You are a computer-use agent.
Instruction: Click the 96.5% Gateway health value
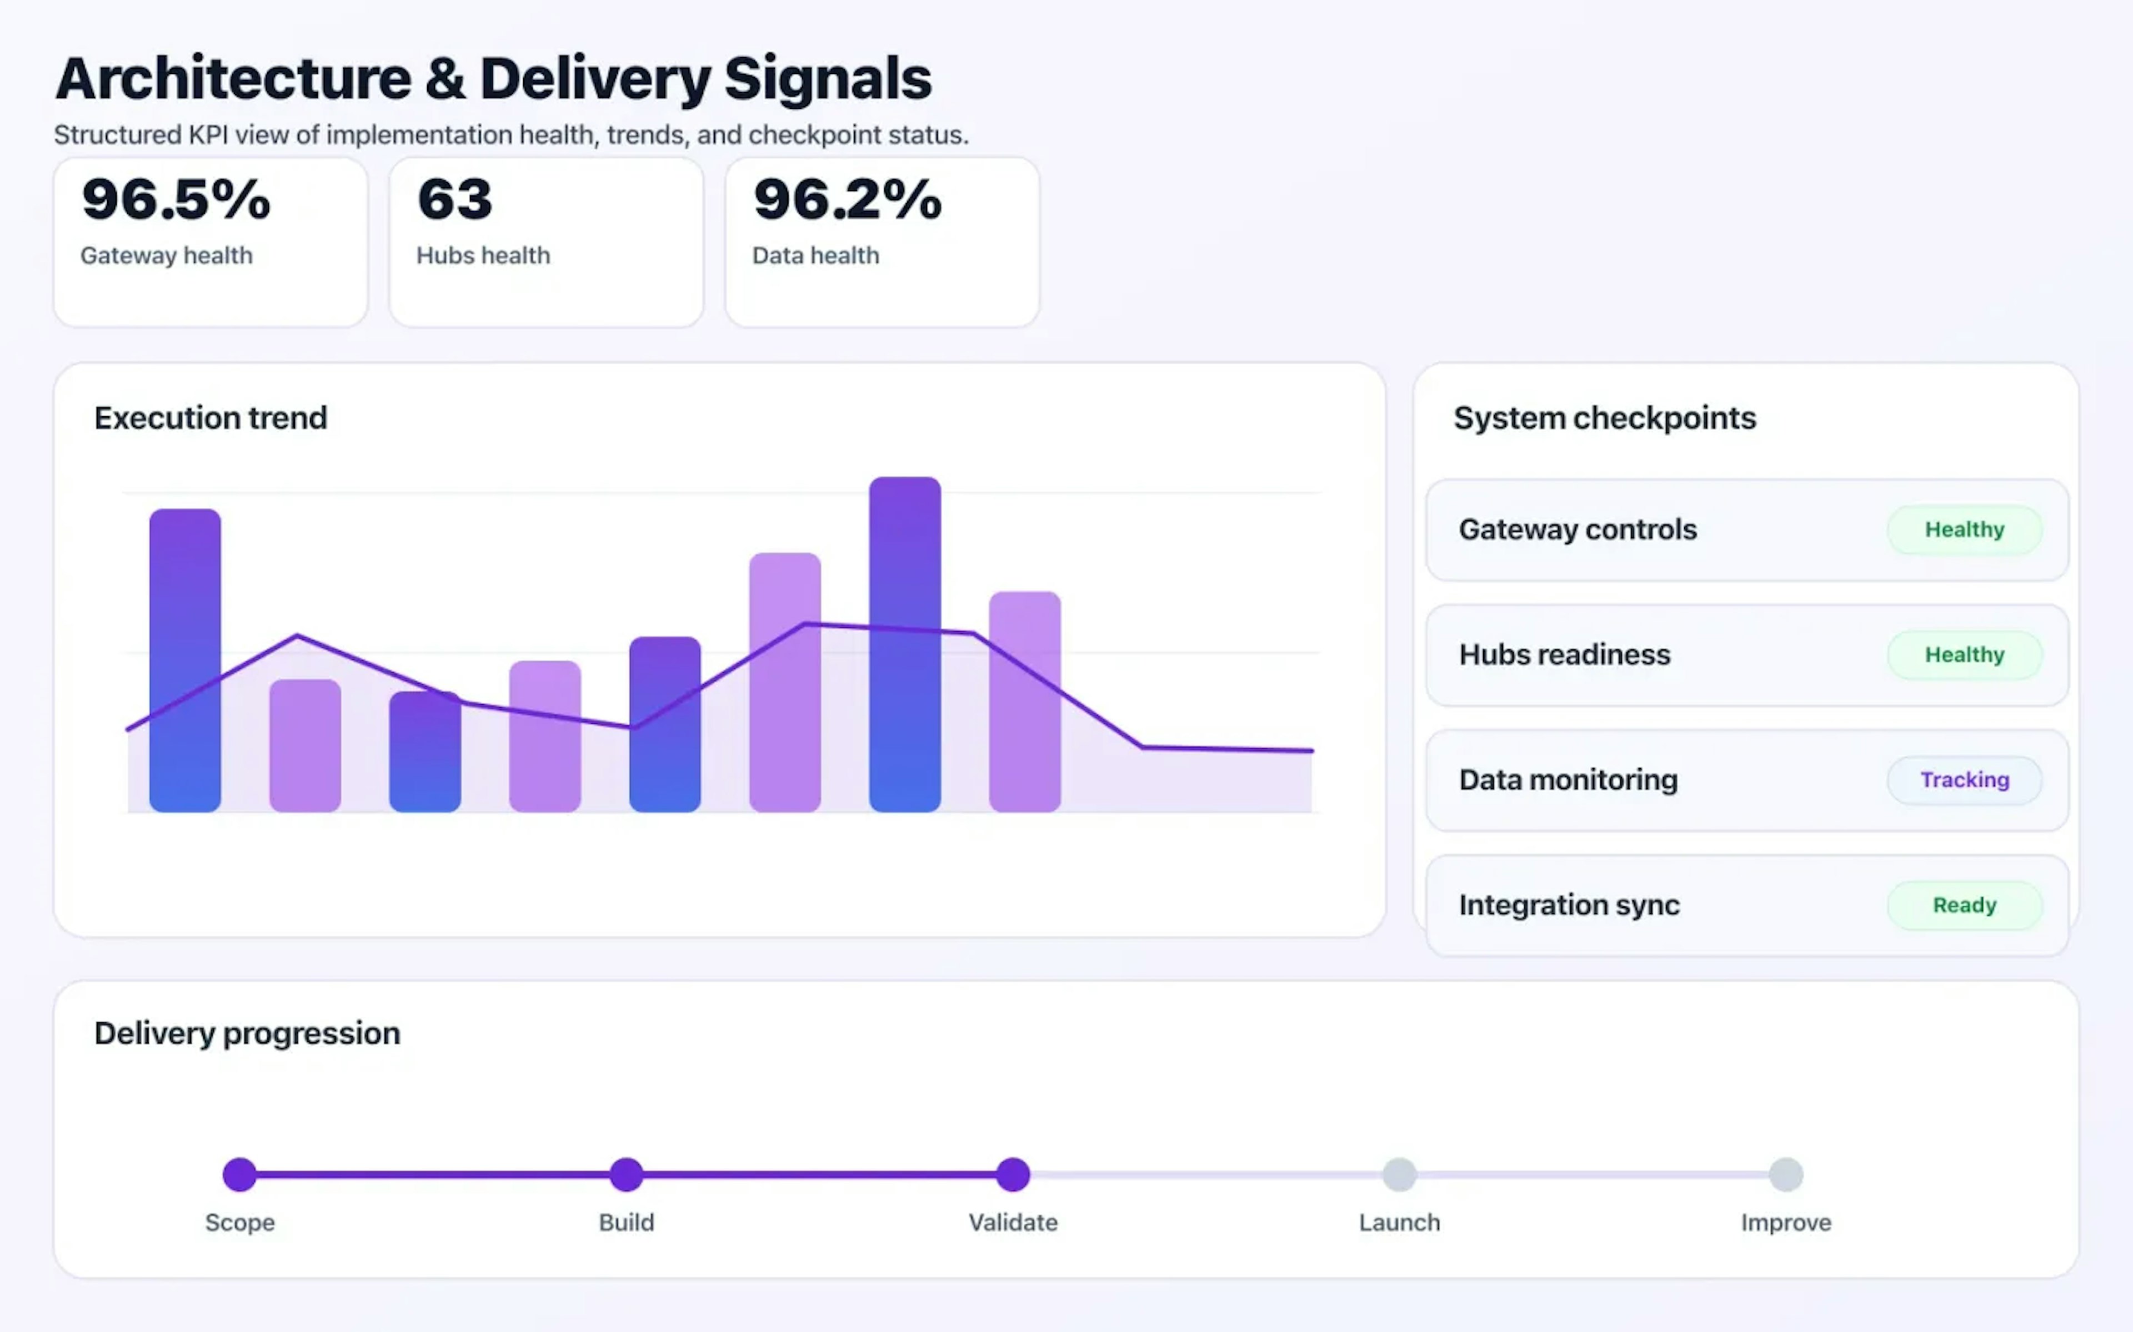pyautogui.click(x=176, y=200)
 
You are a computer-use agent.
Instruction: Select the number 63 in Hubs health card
pyautogui.click(x=455, y=200)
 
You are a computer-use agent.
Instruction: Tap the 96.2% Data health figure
pyautogui.click(x=847, y=200)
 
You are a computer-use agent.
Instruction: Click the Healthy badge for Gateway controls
pyautogui.click(x=1964, y=529)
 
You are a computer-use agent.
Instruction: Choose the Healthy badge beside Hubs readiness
pyautogui.click(x=1964, y=654)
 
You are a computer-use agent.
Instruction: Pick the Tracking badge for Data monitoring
pyautogui.click(x=1964, y=780)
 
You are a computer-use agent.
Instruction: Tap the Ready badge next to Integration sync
pyautogui.click(x=1964, y=905)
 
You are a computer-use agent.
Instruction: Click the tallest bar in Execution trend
pyautogui.click(x=904, y=643)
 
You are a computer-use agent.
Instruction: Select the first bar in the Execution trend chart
pyautogui.click(x=185, y=660)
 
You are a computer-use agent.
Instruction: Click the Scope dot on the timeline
pyautogui.click(x=240, y=1174)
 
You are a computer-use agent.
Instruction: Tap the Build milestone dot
pyautogui.click(x=626, y=1174)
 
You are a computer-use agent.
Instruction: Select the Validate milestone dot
pyautogui.click(x=1013, y=1174)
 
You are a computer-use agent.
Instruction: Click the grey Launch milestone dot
pyautogui.click(x=1399, y=1174)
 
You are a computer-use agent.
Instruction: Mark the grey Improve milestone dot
pyautogui.click(x=1786, y=1174)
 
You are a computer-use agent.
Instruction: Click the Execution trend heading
pyautogui.click(x=211, y=417)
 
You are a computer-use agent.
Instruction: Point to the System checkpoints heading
pyautogui.click(x=1604, y=417)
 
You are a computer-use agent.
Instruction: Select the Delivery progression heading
pyautogui.click(x=247, y=1032)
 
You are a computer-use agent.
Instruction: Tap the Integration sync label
pyautogui.click(x=1569, y=905)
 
